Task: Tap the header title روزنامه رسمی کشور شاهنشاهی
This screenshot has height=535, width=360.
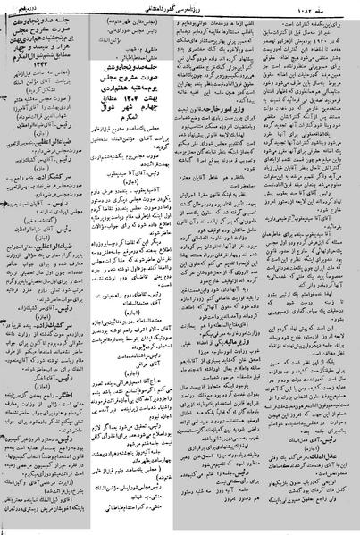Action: [x=179, y=8]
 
